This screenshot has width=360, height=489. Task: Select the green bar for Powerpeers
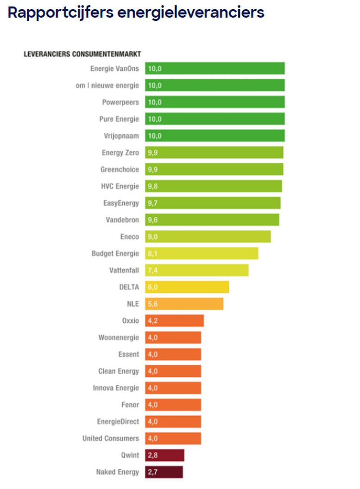coord(215,102)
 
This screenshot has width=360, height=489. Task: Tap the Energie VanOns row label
coord(114,69)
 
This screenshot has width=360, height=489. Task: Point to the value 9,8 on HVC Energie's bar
coord(153,186)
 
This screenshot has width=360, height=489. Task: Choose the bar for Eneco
coord(208,237)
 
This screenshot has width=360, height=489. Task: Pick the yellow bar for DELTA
coord(187,287)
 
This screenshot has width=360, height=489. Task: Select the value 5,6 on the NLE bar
coord(153,304)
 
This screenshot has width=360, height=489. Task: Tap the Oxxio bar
coord(174,320)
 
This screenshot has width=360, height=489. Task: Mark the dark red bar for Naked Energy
coord(164,472)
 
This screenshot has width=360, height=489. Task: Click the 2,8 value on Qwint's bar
coord(153,455)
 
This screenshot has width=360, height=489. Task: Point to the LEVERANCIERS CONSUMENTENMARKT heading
coord(82,54)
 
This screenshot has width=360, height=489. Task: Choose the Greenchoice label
coord(120,169)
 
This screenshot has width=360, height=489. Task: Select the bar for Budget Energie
coord(202,253)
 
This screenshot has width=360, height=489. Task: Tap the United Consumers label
coord(110,438)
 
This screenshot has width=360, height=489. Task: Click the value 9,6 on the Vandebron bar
coord(153,219)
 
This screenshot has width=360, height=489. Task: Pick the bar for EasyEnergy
coord(213,203)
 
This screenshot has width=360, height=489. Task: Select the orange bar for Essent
coord(173,354)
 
